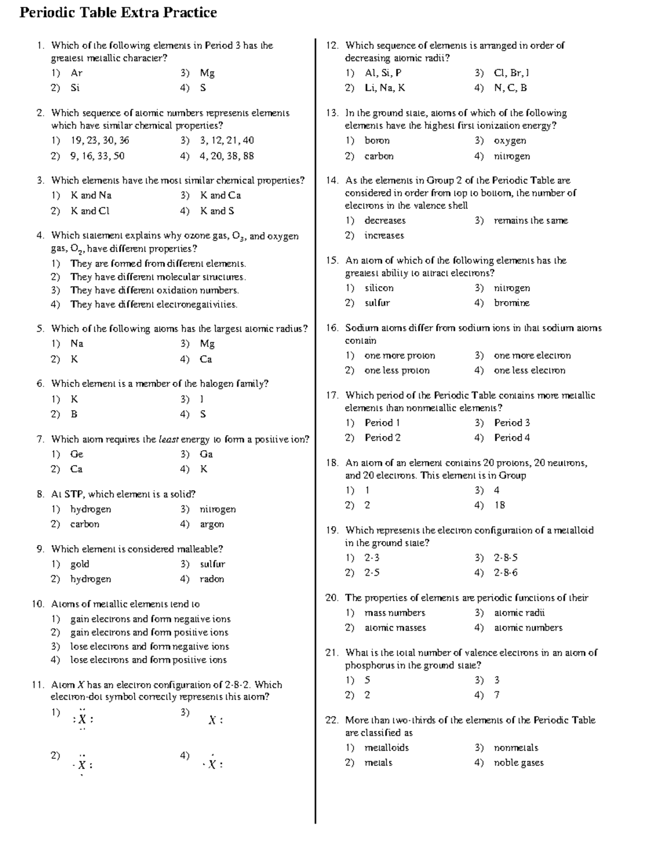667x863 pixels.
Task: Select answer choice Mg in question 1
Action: [x=207, y=73]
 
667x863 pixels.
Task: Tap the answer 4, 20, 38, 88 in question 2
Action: [x=226, y=156]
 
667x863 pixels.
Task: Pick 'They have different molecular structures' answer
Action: [x=157, y=277]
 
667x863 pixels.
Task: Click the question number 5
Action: [x=40, y=328]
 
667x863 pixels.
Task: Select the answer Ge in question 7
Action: [x=77, y=454]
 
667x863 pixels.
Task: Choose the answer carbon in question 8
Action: [x=84, y=524]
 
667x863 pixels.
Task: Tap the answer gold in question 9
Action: [x=79, y=564]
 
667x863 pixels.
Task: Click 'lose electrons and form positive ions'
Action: [x=148, y=660]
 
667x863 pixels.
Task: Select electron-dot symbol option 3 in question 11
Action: [x=215, y=720]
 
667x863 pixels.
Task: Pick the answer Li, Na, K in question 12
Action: [x=385, y=88]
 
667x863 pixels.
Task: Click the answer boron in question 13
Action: [x=377, y=141]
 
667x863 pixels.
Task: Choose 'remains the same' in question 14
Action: [x=530, y=221]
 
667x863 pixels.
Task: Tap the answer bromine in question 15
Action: [x=511, y=303]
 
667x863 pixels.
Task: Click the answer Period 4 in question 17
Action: [x=511, y=438]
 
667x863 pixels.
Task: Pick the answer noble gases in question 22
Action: [x=518, y=763]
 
